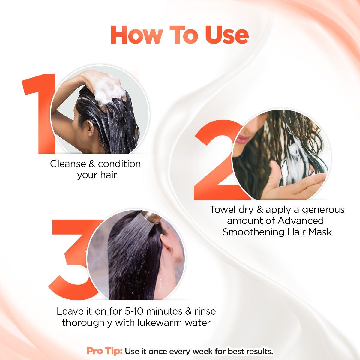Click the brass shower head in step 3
(152, 218)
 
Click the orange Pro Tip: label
(105, 351)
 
